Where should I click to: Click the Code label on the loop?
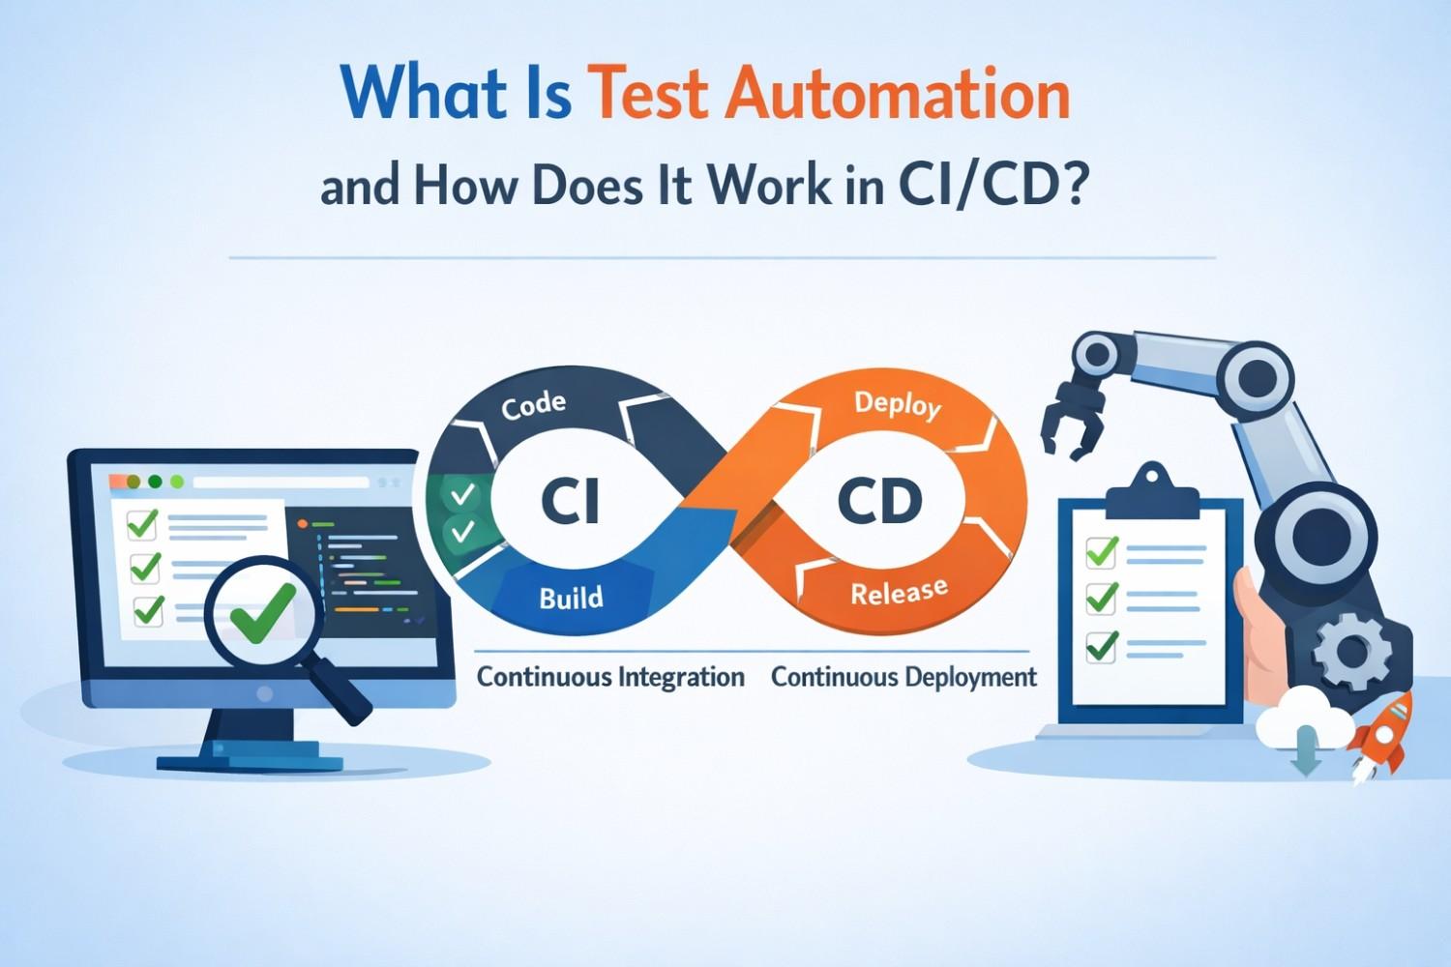click(534, 405)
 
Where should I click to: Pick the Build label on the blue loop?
click(571, 598)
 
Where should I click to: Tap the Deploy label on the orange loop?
click(897, 403)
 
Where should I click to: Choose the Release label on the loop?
click(899, 591)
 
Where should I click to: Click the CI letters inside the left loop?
click(570, 501)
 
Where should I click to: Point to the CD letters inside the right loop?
click(879, 501)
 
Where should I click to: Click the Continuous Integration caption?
click(610, 677)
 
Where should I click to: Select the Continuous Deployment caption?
click(903, 677)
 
